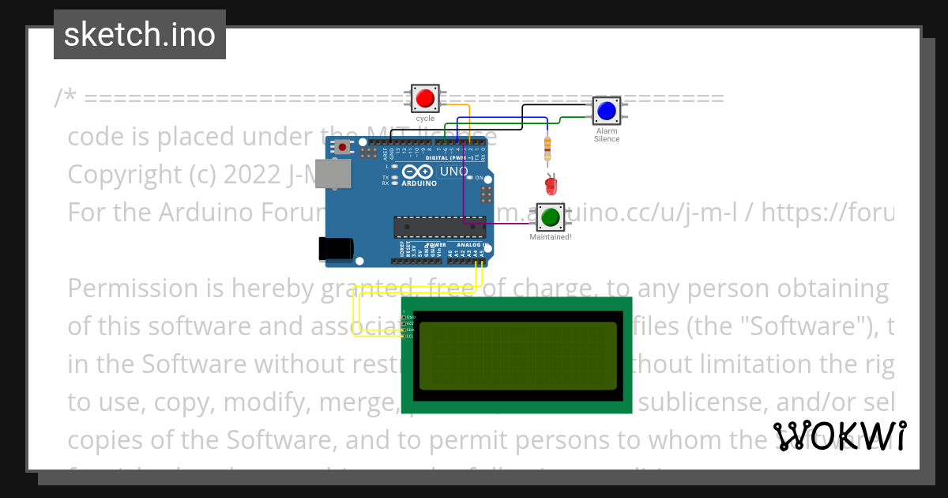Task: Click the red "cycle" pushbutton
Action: coord(425,99)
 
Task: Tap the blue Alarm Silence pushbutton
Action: coord(606,111)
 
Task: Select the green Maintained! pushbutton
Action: coord(550,216)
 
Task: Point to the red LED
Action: coord(551,186)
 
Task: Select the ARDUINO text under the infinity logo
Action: coord(419,183)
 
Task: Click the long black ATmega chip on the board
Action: coord(439,227)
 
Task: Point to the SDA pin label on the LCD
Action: coord(410,330)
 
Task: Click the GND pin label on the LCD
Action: coord(410,317)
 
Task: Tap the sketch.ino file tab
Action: coord(140,35)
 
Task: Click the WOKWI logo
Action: coord(840,436)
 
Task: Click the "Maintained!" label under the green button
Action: coord(551,236)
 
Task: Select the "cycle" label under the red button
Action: coord(425,119)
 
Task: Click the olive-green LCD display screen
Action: coord(517,356)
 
